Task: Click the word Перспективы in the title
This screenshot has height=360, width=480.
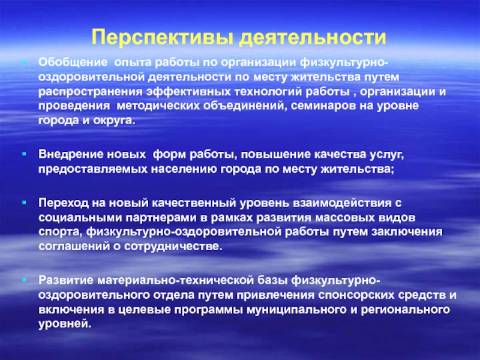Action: coord(162,37)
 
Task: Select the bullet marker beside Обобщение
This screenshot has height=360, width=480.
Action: coord(24,62)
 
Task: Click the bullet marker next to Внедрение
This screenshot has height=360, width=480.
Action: coord(24,154)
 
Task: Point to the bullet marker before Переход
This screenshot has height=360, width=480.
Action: coord(24,202)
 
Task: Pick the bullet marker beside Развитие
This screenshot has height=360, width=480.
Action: coord(24,280)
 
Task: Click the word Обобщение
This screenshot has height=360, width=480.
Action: coord(73,62)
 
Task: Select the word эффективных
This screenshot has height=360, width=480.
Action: coord(188,92)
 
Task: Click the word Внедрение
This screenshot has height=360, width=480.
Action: coord(71,154)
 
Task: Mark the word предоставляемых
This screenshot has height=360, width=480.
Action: coord(93,169)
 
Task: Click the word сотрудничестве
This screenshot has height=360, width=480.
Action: coord(172,247)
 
